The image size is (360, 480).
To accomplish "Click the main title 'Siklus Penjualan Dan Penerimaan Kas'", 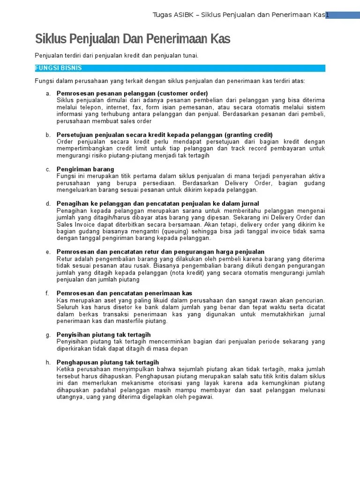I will [133, 39].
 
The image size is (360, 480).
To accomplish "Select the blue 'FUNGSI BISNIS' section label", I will [59, 68].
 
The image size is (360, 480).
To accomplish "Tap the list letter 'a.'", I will [48, 93].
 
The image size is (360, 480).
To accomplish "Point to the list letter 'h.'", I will [48, 362].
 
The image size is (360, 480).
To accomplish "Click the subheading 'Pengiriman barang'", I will [85, 169].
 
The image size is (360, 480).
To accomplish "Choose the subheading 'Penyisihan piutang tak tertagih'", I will [104, 335].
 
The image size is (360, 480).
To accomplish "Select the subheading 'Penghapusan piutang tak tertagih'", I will [108, 362].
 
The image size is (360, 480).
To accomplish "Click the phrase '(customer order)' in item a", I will [182, 93].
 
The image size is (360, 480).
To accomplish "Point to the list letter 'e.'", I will [48, 252].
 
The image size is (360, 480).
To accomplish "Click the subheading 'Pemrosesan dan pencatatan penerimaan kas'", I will [124, 293].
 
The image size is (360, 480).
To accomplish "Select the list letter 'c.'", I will [48, 169].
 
